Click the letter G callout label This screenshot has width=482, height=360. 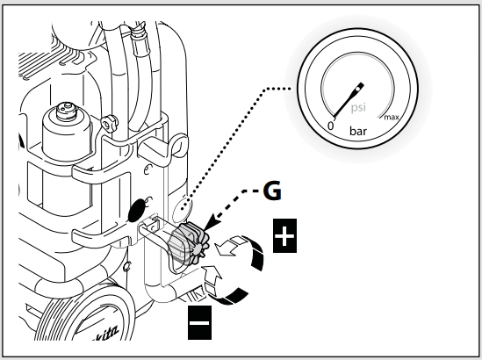[x=272, y=191]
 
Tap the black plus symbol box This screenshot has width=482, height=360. [x=284, y=236]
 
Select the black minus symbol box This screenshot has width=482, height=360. [x=199, y=322]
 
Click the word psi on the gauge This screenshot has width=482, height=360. [x=358, y=108]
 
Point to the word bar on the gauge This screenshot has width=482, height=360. [x=358, y=132]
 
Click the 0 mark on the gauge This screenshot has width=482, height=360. [x=330, y=126]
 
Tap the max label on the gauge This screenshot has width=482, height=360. [x=392, y=117]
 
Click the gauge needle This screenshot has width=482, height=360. [x=349, y=100]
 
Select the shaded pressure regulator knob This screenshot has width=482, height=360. [x=189, y=244]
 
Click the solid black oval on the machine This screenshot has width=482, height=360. [x=138, y=210]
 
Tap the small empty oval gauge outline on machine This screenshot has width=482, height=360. [x=182, y=208]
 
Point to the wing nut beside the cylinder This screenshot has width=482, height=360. [x=109, y=123]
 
